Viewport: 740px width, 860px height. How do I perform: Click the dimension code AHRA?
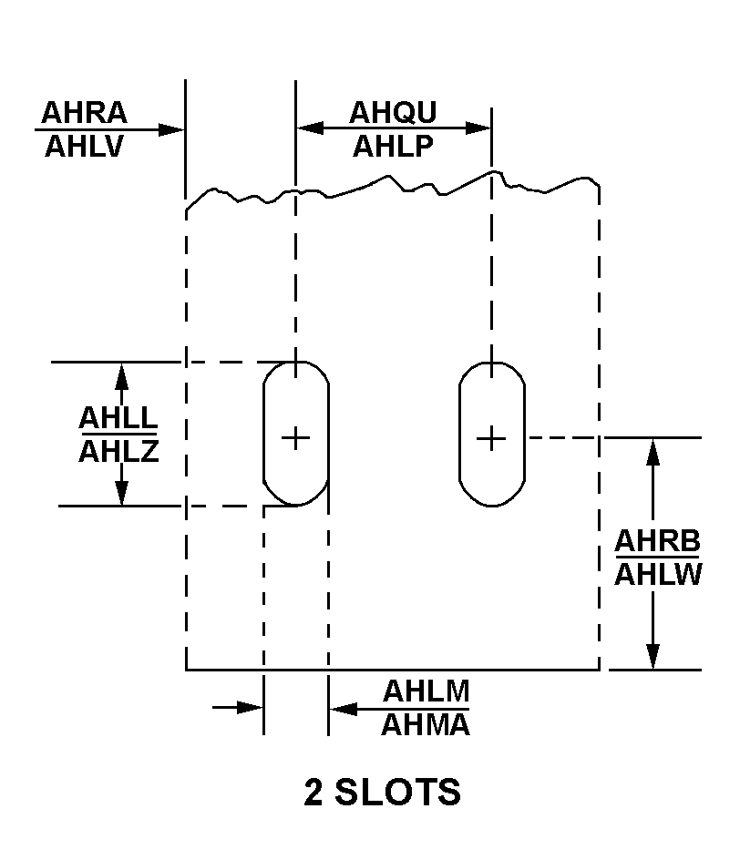[x=85, y=113]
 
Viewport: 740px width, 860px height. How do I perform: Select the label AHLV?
[x=85, y=146]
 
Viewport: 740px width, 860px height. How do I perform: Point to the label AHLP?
[x=393, y=145]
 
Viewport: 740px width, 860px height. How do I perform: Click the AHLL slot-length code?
[x=118, y=418]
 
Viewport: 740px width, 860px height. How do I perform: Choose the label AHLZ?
[x=118, y=451]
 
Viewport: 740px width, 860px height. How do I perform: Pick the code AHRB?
[x=657, y=541]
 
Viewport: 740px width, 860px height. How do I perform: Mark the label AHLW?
[x=657, y=575]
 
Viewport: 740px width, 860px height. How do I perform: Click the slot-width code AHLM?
[x=426, y=691]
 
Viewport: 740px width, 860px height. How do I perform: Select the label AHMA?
[x=426, y=725]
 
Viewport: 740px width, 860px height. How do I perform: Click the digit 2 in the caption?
[x=313, y=793]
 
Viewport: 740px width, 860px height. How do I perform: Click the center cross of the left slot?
[x=295, y=438]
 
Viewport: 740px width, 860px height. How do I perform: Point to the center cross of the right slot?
[x=491, y=438]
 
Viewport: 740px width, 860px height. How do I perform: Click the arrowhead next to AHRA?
[x=172, y=129]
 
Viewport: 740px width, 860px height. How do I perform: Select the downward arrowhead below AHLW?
[x=653, y=657]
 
